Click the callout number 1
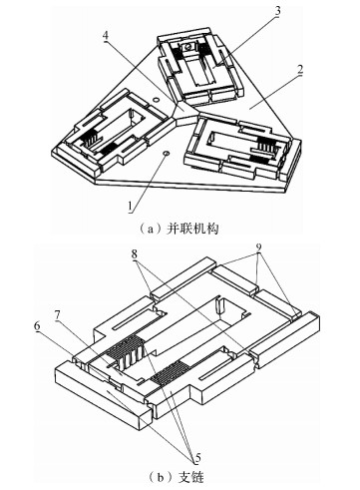pyautogui.click(x=131, y=207)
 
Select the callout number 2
pyautogui.click(x=299, y=70)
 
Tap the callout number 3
pyautogui.click(x=277, y=12)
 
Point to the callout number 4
pyautogui.click(x=106, y=36)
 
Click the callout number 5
pyautogui.click(x=197, y=458)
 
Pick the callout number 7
pyautogui.click(x=59, y=315)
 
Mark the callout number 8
pyautogui.click(x=135, y=255)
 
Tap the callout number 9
pyautogui.click(x=259, y=247)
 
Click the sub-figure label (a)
pyautogui.click(x=148, y=230)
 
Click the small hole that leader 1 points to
pyautogui.click(x=167, y=153)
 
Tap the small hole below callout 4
pyautogui.click(x=155, y=99)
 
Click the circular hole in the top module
pyautogui.click(x=187, y=47)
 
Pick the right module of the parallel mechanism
pyautogui.click(x=242, y=146)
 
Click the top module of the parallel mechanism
pyautogui.click(x=200, y=67)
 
